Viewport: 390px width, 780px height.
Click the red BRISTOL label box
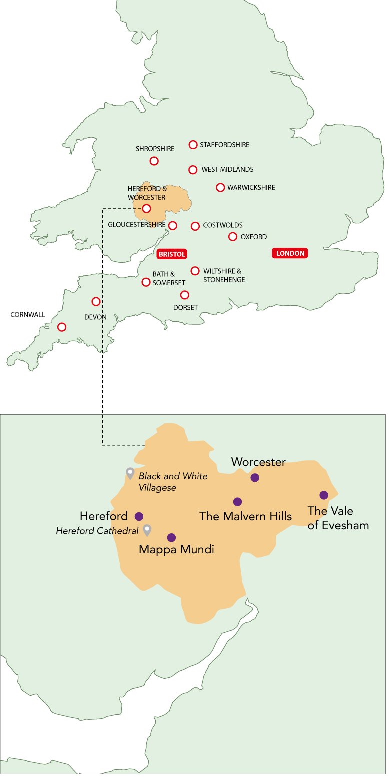[x=172, y=254]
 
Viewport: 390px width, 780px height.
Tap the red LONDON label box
[x=290, y=253]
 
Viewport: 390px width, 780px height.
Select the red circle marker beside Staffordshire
[x=193, y=145]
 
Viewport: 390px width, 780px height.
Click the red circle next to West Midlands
[x=193, y=170]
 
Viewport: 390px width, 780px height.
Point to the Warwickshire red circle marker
[x=220, y=188]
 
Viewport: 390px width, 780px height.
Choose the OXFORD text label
[x=254, y=237]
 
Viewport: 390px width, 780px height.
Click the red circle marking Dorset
[x=185, y=295]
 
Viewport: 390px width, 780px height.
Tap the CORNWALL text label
[x=28, y=315]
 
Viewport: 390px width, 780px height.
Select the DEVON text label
[x=95, y=317]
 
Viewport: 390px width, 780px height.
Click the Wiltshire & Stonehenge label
[x=224, y=275]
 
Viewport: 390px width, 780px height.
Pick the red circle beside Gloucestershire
[x=173, y=226]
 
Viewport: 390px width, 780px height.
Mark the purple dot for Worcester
[x=255, y=478]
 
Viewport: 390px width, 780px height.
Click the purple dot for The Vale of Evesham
[x=324, y=495]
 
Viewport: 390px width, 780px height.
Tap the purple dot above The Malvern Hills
[x=238, y=502]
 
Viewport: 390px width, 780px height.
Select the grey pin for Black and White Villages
[x=130, y=472]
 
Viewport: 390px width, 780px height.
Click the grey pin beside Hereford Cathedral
[x=147, y=529]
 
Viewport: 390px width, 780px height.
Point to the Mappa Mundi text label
[x=176, y=550]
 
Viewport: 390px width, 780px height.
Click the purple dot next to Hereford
[x=139, y=516]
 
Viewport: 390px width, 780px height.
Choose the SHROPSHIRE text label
[x=155, y=149]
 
